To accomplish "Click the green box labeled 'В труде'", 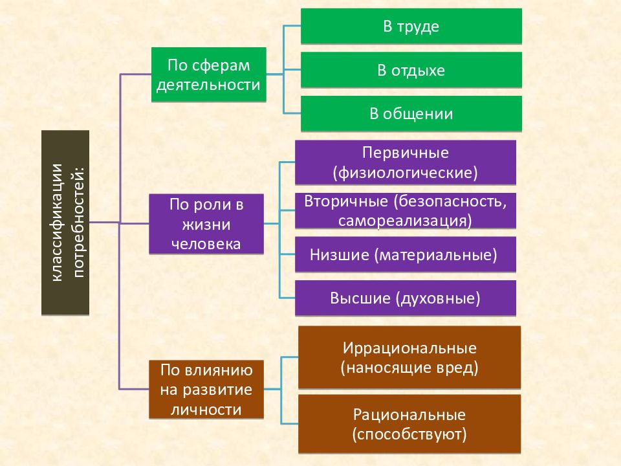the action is point(411,26).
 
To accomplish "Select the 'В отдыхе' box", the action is point(411,70).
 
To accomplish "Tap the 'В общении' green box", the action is point(411,114).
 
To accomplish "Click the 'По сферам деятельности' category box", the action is point(209,74).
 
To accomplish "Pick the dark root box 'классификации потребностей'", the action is point(65,223).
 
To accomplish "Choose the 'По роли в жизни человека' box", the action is point(206,224).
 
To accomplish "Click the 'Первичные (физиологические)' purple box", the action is point(406,162).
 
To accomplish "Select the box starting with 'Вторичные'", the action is point(406,211).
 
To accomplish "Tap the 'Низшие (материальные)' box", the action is point(406,254).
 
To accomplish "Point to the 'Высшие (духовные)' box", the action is point(406,298).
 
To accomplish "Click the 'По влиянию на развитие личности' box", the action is point(206,390).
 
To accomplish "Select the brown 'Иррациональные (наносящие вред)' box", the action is point(409,357).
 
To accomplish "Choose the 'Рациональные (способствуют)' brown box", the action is point(409,424).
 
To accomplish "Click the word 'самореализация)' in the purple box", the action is point(405,220).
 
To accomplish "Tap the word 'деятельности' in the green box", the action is point(208,85).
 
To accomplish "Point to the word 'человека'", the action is point(206,244).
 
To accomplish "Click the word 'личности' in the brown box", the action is point(206,409).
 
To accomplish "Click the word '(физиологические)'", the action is point(406,173).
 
